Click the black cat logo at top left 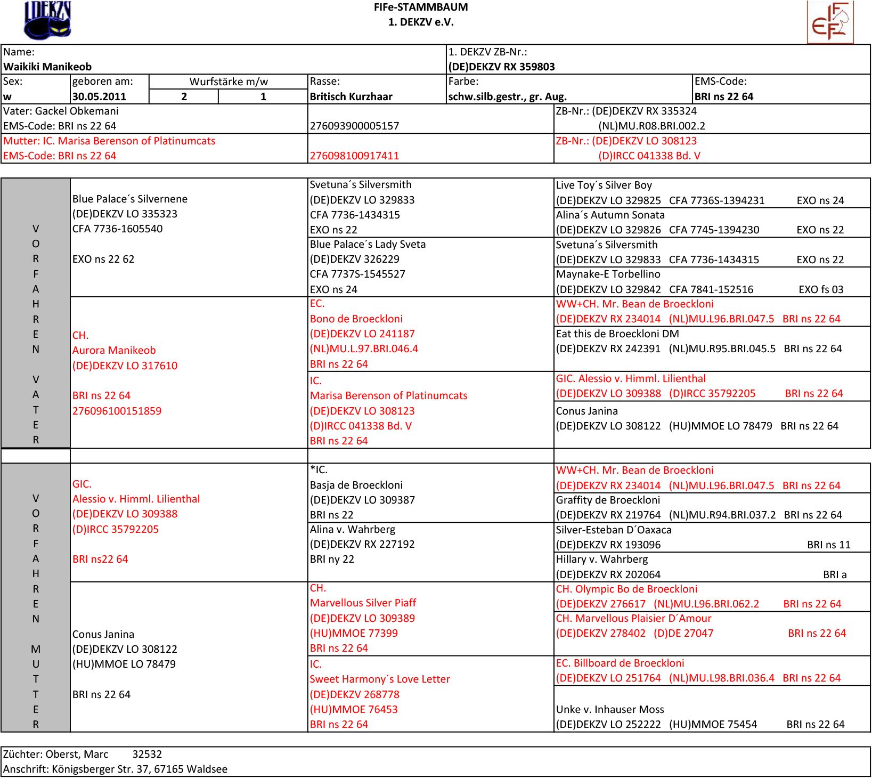tap(47, 20)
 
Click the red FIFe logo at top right tap(830, 22)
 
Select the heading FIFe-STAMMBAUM tap(421, 7)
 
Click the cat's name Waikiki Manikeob tap(47, 67)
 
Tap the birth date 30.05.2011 tap(99, 96)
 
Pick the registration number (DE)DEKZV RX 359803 tap(501, 67)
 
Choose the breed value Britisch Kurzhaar tap(351, 96)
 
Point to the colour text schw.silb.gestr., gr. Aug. tap(507, 96)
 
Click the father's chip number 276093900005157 tap(354, 126)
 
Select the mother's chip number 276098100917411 tap(354, 156)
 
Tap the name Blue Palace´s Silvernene tap(130, 199)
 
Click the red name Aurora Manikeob tap(114, 350)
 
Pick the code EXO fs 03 tap(821, 289)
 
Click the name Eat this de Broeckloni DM tap(617, 334)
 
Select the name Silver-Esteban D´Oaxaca tap(614, 530)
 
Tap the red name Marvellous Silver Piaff tap(363, 603)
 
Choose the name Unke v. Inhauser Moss tap(610, 709)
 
